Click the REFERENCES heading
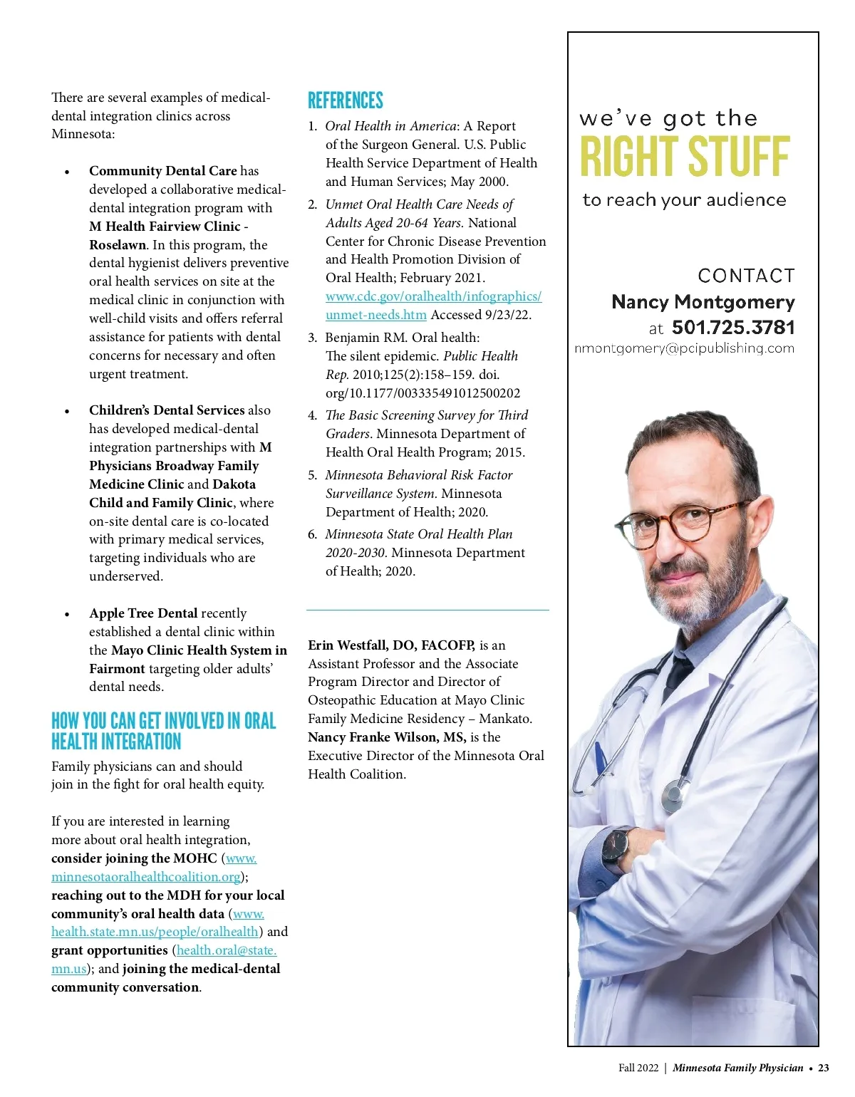click(346, 100)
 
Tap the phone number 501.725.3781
click(733, 328)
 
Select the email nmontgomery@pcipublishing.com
click(684, 348)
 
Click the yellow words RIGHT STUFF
click(685, 157)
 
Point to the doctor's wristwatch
click(615, 851)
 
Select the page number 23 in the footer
click(824, 1068)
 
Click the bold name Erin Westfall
click(348, 645)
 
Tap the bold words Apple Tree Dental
click(143, 613)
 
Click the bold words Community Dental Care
click(162, 171)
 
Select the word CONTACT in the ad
click(746, 276)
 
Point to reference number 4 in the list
click(313, 415)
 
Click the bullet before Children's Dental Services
click(67, 411)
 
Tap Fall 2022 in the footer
click(638, 1068)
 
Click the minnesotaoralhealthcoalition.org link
click(145, 877)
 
